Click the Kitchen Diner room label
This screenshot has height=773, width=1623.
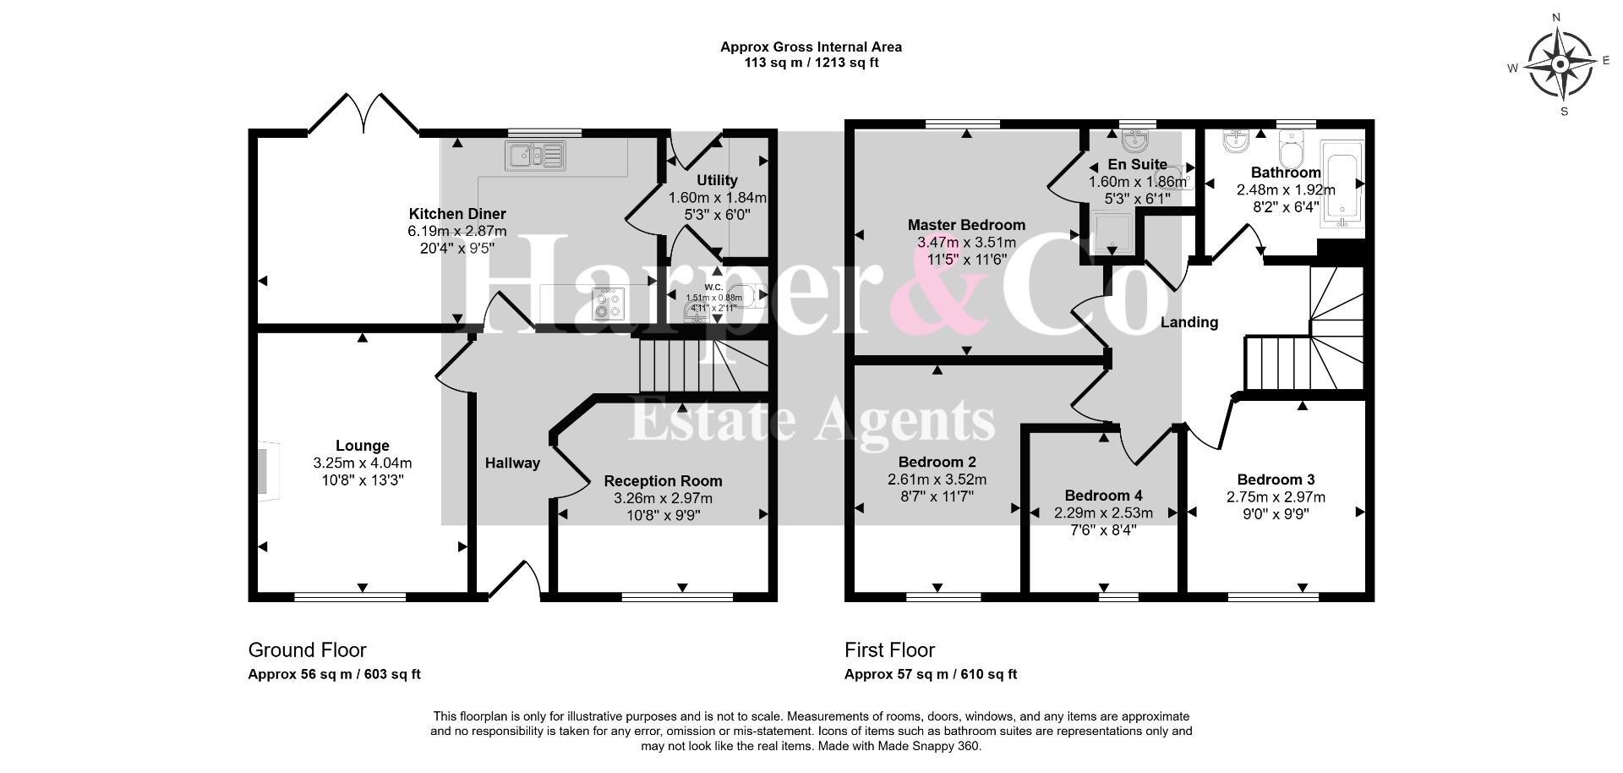[x=457, y=214]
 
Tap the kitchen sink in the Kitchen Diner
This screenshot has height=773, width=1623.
[x=535, y=155]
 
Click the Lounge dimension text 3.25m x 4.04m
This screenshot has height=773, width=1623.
[x=363, y=463]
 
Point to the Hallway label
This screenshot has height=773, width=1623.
[x=512, y=463]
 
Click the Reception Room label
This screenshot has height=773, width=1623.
[x=663, y=481]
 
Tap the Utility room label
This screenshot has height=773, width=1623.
[x=717, y=180]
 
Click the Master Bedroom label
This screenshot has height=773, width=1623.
[x=966, y=225]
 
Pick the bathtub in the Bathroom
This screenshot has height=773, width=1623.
[x=1342, y=184]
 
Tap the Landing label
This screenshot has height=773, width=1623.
[x=1189, y=322]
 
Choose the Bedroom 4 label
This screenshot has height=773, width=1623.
[x=1103, y=496]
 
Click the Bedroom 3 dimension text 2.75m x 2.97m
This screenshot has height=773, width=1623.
[x=1276, y=497]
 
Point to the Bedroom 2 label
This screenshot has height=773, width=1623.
[x=937, y=463]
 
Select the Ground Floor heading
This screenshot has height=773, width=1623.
[x=307, y=650]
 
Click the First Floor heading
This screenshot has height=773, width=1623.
[x=889, y=650]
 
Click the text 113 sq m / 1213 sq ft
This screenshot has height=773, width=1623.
[x=811, y=63]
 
